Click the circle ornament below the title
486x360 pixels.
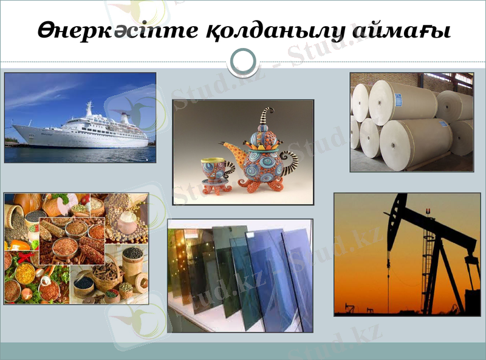coord(243,61)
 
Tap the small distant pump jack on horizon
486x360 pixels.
coord(349,307)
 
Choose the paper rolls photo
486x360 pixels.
coord(411,121)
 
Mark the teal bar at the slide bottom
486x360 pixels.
coord(243,350)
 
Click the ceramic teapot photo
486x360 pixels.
coord(243,152)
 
